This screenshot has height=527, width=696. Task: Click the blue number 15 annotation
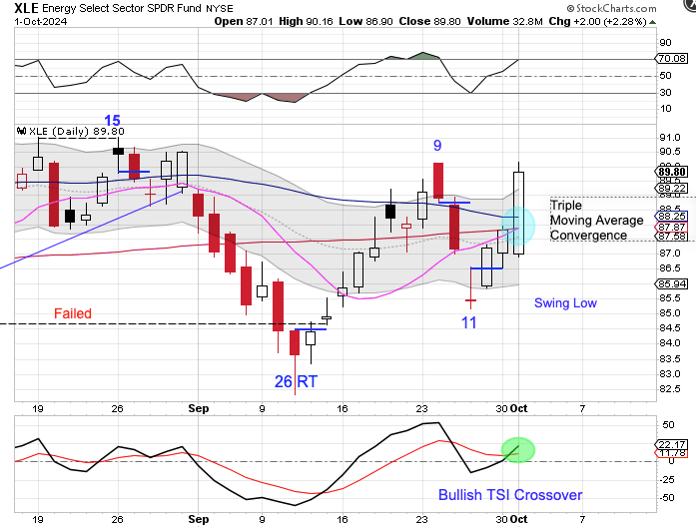[x=113, y=121]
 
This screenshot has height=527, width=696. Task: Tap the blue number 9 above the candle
[x=437, y=146]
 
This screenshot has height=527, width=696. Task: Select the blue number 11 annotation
[x=469, y=322]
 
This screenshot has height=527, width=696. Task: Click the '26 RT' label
[x=299, y=381]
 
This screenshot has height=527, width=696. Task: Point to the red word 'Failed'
[x=72, y=313]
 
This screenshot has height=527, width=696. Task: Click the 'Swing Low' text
[x=565, y=302]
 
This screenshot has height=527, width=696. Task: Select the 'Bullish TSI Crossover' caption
[x=510, y=495]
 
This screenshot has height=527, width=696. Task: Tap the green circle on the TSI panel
[x=518, y=450]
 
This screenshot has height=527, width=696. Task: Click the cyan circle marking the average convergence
[x=518, y=225]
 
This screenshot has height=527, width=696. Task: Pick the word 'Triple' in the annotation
[x=567, y=205]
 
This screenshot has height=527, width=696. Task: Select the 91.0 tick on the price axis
[x=668, y=139]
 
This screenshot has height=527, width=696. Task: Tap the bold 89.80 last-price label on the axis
[x=669, y=171]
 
